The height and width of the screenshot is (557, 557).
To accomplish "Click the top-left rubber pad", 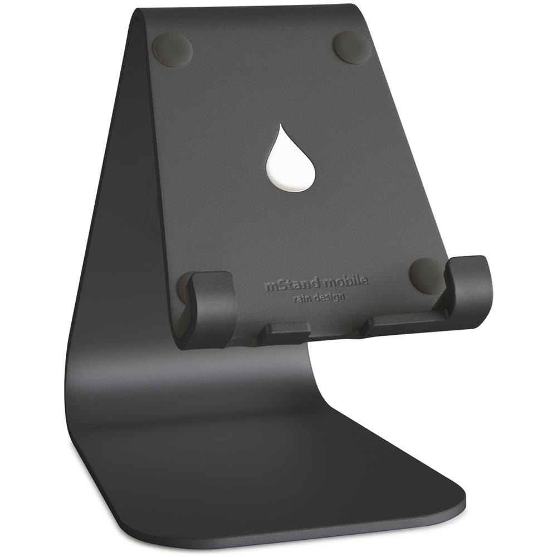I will (x=173, y=48).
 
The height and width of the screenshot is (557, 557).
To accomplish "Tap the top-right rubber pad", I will (x=353, y=47).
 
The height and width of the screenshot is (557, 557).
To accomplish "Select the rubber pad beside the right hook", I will (x=426, y=275).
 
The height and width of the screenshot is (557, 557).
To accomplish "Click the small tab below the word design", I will (x=286, y=333).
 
